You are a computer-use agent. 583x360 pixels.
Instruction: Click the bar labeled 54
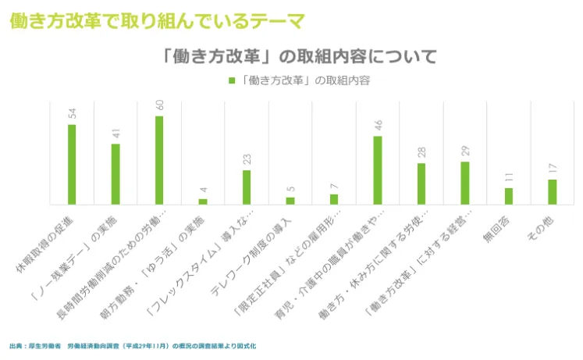[x=72, y=164]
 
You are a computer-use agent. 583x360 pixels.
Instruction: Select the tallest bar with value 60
[x=159, y=160]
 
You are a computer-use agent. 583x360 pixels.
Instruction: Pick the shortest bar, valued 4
[x=203, y=201]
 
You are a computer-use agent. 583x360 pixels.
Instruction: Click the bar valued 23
[x=247, y=187]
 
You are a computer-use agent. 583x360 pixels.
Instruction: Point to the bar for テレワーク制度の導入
[x=290, y=200]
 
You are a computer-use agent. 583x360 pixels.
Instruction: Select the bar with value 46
[x=378, y=169]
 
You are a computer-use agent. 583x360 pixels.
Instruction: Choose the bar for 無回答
[x=509, y=195]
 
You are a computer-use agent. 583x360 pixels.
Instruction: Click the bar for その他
[x=553, y=191]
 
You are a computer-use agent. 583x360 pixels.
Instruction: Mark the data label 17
[x=553, y=169]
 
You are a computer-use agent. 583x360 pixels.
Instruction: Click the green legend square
[x=232, y=80]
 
